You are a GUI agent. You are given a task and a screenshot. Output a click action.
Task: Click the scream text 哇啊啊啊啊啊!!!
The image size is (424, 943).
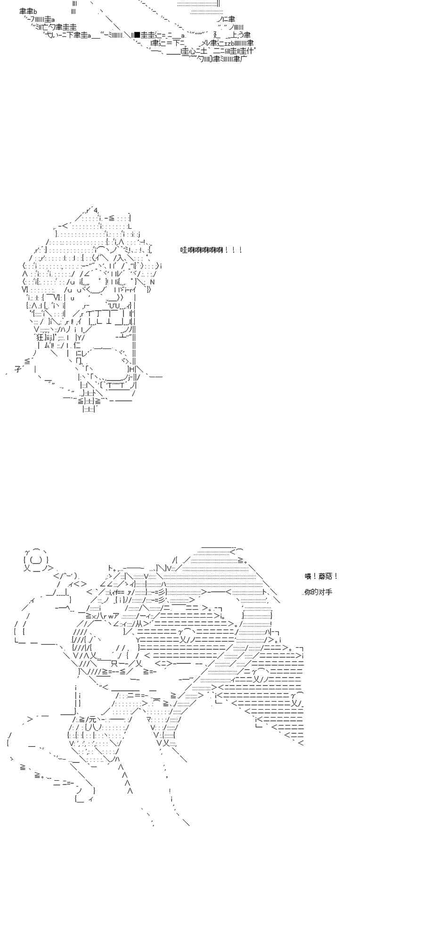[x=211, y=250]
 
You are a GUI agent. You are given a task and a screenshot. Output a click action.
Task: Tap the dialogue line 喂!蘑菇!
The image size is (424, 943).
[x=321, y=576]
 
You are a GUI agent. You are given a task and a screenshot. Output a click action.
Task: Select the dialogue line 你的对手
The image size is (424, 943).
[x=318, y=592]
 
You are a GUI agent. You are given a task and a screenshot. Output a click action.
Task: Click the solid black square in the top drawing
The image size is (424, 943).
[x=136, y=34]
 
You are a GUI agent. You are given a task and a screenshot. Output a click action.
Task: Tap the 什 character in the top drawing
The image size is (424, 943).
[x=250, y=50]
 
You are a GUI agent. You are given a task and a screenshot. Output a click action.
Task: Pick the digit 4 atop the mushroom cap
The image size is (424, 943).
[x=96, y=210]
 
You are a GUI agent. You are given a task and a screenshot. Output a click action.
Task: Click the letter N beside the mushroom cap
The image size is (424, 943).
[x=152, y=282]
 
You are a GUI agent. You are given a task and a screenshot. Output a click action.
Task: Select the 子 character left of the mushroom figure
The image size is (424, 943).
[x=18, y=370]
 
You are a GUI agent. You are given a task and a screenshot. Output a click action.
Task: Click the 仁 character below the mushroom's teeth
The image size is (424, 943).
[x=77, y=346]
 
